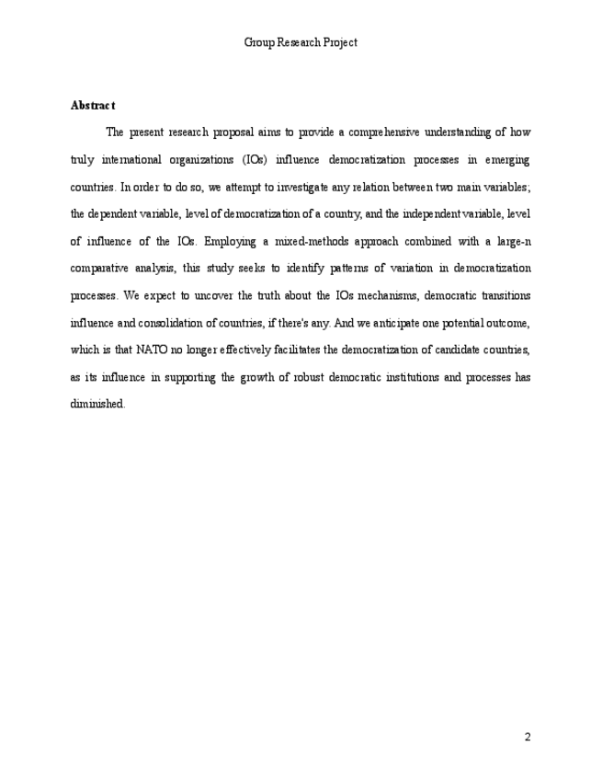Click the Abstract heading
click(92, 105)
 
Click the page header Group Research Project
click(301, 42)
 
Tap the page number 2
click(528, 736)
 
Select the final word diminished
click(97, 405)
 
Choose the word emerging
click(505, 159)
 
